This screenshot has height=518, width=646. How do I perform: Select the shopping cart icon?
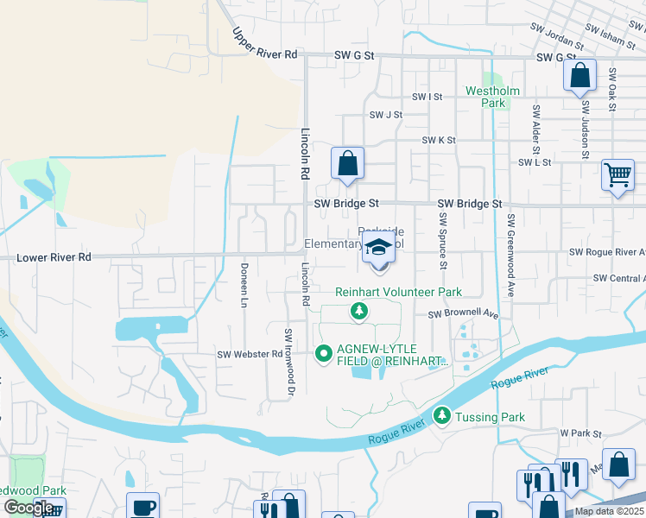point(617,175)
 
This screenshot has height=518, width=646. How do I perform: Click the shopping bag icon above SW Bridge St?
point(347,162)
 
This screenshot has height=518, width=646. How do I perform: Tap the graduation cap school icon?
point(377,248)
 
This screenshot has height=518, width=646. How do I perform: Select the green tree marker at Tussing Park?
point(442,416)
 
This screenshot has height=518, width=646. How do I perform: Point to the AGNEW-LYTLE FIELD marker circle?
point(324,352)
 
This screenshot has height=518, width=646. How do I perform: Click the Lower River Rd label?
point(54,257)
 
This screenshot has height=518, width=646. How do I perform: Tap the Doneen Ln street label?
point(244,286)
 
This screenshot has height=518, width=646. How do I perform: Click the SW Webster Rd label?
point(250,354)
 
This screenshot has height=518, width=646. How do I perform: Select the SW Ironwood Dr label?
point(291,362)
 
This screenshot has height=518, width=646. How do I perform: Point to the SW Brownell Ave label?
point(465,314)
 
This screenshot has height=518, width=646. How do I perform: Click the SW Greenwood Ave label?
point(510,256)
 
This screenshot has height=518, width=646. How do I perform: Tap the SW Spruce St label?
point(443,245)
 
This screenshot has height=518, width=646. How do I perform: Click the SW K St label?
point(439,140)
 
